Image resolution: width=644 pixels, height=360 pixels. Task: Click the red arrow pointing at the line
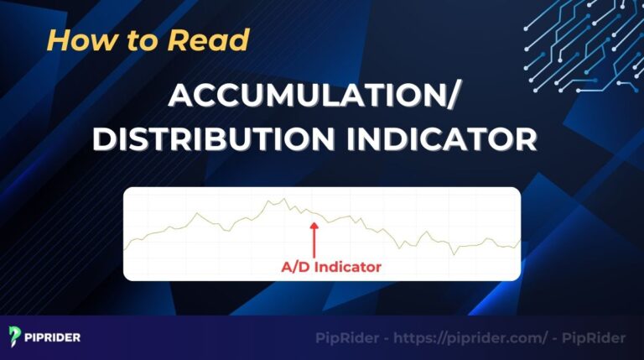[314, 239]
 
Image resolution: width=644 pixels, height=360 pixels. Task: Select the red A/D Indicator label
[330, 268]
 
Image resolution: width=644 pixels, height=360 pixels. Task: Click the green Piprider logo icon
[15, 337]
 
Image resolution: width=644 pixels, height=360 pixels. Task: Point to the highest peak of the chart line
[283, 199]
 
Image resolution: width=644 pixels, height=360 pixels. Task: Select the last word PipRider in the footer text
[595, 337]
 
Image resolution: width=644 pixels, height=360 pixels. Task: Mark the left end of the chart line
[125, 250]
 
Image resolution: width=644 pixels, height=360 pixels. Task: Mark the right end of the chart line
[520, 240]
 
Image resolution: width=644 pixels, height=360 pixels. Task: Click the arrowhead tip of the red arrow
[314, 222]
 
